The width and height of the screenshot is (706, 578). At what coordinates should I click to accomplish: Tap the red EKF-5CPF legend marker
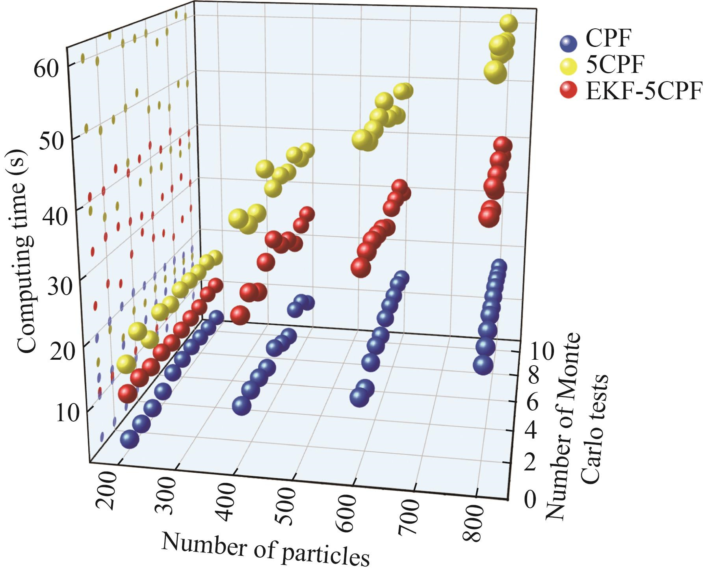(568, 91)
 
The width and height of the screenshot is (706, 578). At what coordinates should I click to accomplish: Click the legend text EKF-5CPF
(645, 91)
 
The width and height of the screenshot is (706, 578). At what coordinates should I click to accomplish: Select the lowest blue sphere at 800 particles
(483, 365)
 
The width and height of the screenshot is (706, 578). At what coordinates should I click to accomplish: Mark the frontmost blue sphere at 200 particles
(130, 439)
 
